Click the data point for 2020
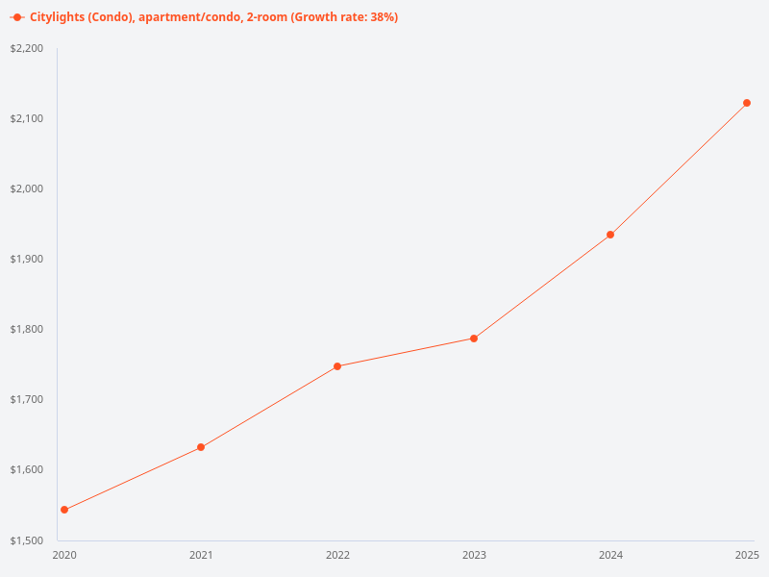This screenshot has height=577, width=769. pyautogui.click(x=64, y=510)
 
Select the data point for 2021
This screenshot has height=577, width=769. pyautogui.click(x=201, y=447)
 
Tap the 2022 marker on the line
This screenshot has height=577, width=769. pyautogui.click(x=337, y=366)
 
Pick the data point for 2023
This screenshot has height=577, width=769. pyautogui.click(x=474, y=339)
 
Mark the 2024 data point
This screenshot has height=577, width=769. pyautogui.click(x=610, y=235)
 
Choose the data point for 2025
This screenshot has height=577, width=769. pyautogui.click(x=747, y=103)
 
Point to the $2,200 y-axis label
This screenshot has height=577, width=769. pyautogui.click(x=28, y=48)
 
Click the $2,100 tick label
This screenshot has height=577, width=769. pyautogui.click(x=28, y=118)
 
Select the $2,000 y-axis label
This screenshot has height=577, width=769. pyautogui.click(x=28, y=188)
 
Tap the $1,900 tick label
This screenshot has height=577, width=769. pyautogui.click(x=28, y=259)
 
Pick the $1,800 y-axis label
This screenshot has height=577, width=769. pyautogui.click(x=28, y=329)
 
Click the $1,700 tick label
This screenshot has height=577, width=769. pyautogui.click(x=28, y=399)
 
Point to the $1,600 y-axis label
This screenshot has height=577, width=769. pyautogui.click(x=28, y=469)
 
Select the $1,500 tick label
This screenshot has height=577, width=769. pyautogui.click(x=28, y=539)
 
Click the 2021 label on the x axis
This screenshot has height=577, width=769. pyautogui.click(x=201, y=555)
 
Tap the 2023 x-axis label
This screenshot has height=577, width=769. pyautogui.click(x=474, y=555)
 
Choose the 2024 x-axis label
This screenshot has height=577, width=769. pyautogui.click(x=610, y=555)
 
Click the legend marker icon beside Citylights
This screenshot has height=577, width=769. pyautogui.click(x=17, y=17)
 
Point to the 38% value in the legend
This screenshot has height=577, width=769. pyautogui.click(x=383, y=17)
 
